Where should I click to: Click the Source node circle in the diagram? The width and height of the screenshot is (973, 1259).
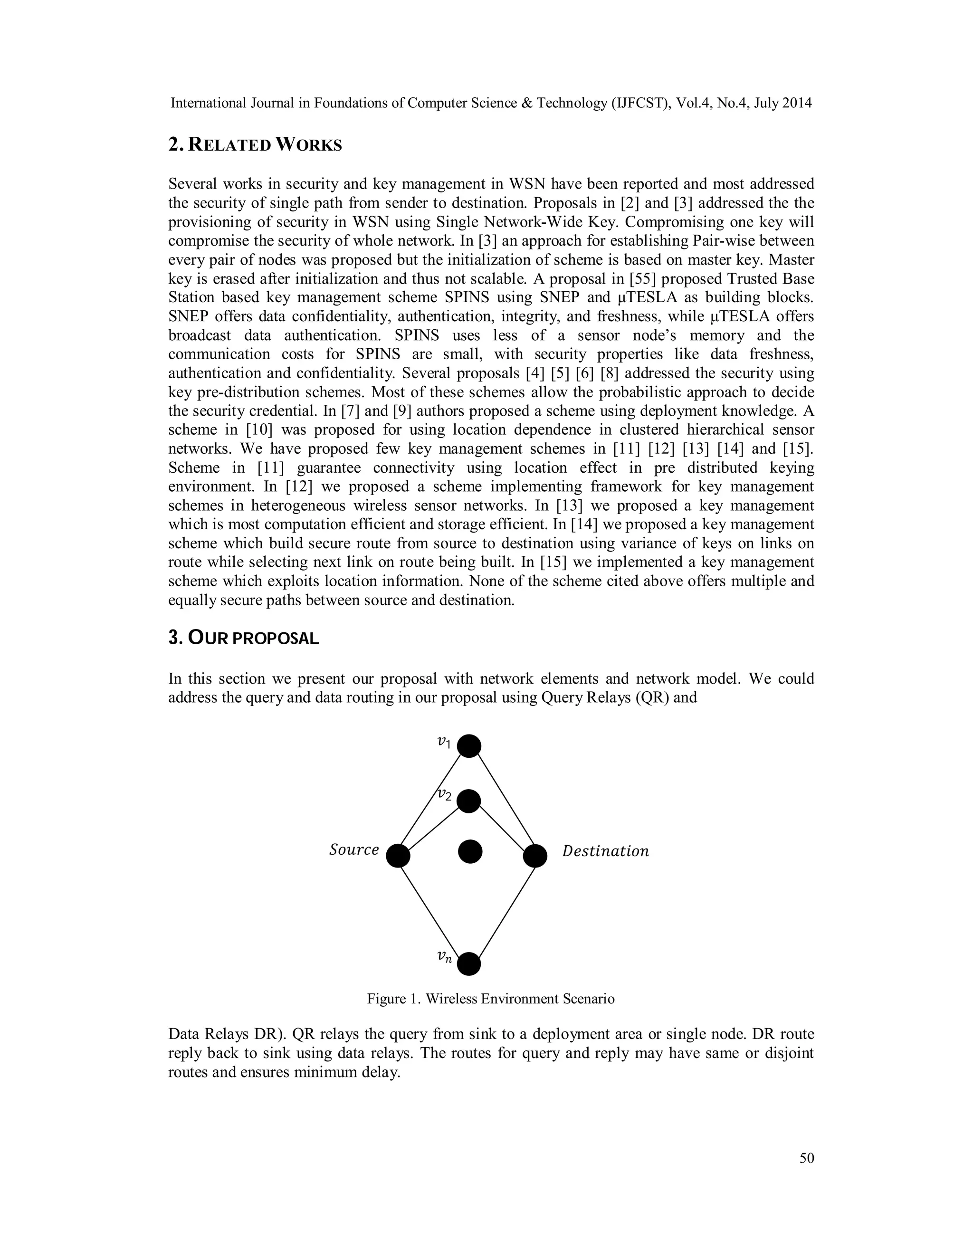click(x=398, y=856)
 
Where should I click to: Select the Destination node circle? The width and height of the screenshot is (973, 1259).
click(x=535, y=856)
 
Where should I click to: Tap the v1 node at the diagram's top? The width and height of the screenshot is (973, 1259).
click(x=468, y=746)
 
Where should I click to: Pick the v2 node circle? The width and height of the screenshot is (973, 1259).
click(x=468, y=801)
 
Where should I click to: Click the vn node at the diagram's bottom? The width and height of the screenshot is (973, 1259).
click(x=468, y=963)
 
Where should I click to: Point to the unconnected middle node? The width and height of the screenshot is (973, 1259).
click(x=470, y=851)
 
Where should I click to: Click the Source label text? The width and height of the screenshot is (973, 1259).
click(x=354, y=850)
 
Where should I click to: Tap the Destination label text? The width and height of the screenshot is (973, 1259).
click(x=605, y=851)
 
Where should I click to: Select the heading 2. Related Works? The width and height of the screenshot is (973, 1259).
click(x=255, y=145)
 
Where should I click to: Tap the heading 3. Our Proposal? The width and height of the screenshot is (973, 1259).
click(x=243, y=638)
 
